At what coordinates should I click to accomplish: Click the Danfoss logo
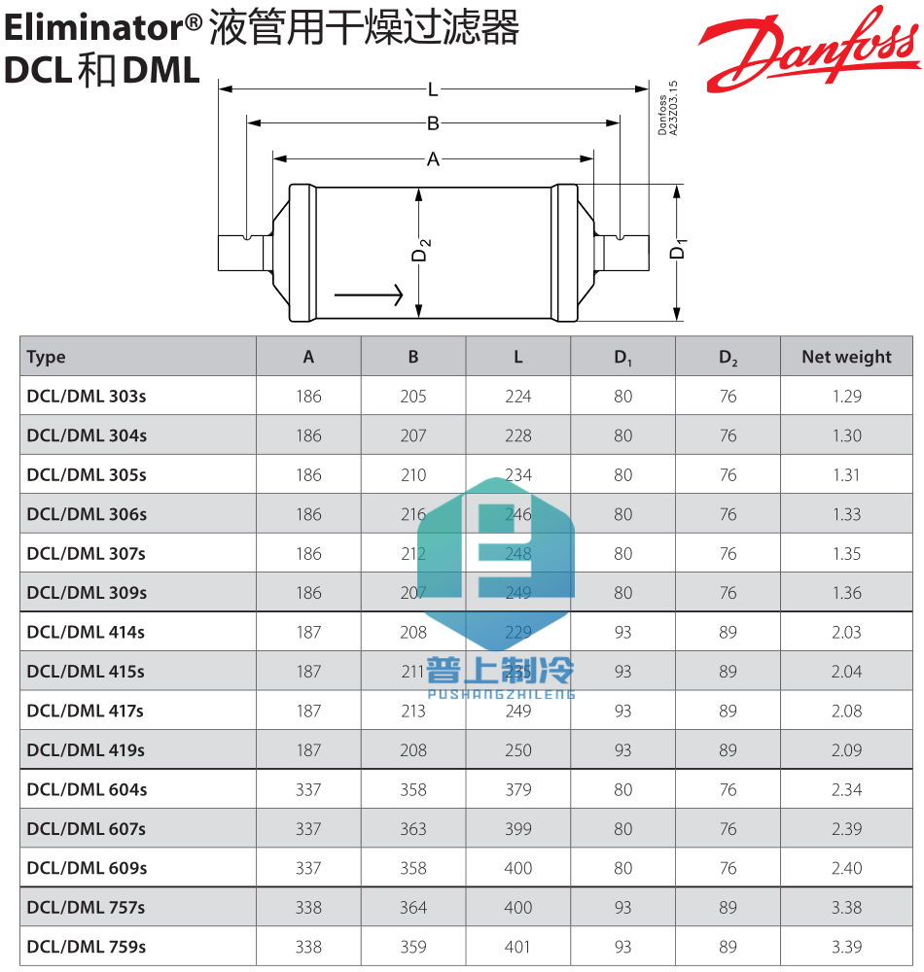tap(807, 49)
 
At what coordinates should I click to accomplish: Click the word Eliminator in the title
tap(93, 29)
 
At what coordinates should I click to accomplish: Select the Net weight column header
tap(846, 357)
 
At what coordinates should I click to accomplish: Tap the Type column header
tap(47, 357)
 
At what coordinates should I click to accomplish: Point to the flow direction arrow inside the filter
tap(369, 294)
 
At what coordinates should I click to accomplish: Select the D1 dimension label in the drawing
tap(679, 249)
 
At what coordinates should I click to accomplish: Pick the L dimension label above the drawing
tap(433, 90)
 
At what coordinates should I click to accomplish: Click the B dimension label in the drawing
tap(433, 123)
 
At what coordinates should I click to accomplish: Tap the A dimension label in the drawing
tap(433, 159)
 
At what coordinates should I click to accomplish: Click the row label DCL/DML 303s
tap(87, 397)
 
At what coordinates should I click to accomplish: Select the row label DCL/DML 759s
tap(87, 947)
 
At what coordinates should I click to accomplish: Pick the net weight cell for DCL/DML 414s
tap(846, 633)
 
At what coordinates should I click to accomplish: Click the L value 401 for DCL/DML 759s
tap(518, 947)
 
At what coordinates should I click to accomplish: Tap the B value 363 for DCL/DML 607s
tap(413, 829)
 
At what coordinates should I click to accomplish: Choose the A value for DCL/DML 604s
tap(308, 789)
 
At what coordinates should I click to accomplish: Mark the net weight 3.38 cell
tap(846, 908)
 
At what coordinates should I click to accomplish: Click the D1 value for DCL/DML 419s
tap(623, 750)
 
